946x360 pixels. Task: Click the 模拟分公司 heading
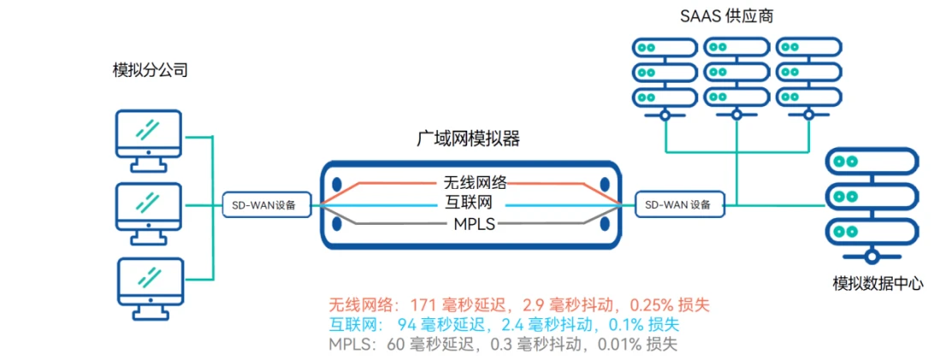tap(150, 71)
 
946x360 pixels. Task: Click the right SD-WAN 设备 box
tap(679, 205)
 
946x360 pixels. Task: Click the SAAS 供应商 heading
tap(726, 16)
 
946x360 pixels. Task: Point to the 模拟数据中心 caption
tap(878, 283)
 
